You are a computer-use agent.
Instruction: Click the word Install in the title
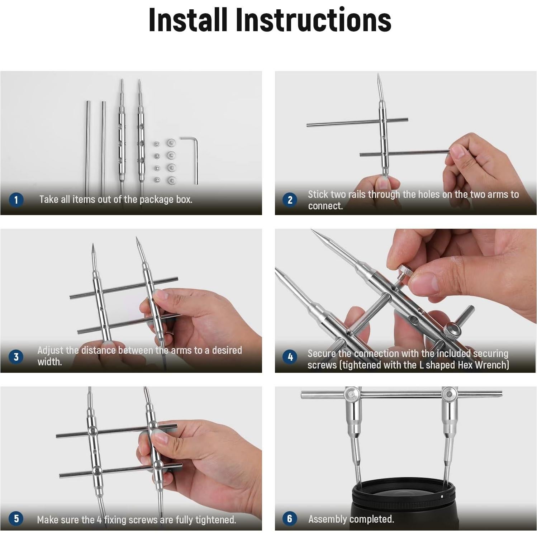click(188, 20)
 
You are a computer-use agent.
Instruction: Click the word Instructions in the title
click(313, 20)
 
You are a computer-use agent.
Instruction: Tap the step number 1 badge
click(16, 200)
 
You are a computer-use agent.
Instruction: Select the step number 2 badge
click(290, 200)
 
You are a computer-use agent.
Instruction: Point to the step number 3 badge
click(16, 357)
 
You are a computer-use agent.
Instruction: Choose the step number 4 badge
click(290, 357)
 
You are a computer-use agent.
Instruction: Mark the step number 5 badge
click(16, 518)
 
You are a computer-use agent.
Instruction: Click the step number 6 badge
click(290, 518)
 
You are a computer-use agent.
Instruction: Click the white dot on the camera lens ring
click(442, 497)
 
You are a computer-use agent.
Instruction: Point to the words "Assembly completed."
click(351, 519)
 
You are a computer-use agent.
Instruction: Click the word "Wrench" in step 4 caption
click(493, 365)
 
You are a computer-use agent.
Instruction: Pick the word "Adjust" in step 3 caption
click(51, 350)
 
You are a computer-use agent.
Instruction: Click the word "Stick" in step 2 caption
click(318, 194)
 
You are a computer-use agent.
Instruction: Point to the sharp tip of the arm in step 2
click(379, 74)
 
